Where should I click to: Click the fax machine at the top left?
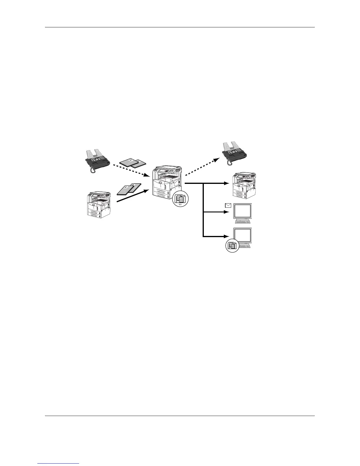(97, 159)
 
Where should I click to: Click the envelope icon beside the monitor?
(228, 206)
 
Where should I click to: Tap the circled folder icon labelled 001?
(180, 199)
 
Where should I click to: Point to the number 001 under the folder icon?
(180, 204)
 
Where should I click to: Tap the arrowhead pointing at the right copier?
(227, 183)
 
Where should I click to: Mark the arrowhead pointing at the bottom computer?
(227, 236)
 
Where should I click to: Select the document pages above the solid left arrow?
(129, 189)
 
